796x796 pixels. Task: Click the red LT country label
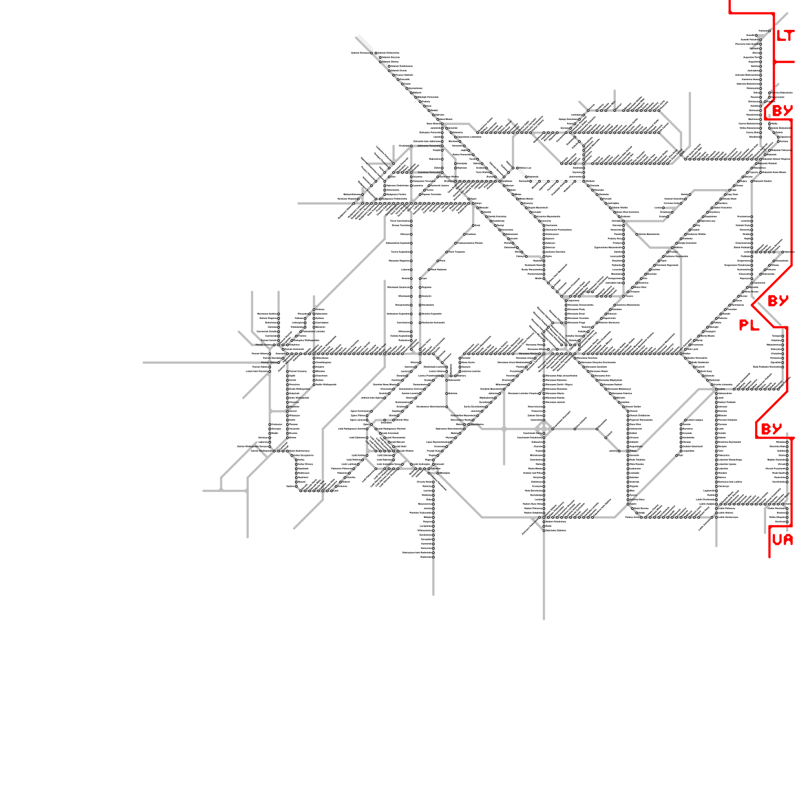(785, 36)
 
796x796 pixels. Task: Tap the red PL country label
(749, 325)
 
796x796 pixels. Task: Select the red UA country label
(782, 540)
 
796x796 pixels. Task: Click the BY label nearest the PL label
(778, 301)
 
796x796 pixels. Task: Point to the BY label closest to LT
(782, 110)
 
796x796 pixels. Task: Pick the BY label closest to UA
(771, 429)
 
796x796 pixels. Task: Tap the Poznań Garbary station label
(264, 344)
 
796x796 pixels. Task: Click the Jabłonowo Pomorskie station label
(428, 146)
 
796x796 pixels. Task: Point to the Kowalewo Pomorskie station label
(428, 172)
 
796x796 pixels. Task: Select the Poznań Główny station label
(261, 354)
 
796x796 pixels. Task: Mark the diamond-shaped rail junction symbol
(543, 428)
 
